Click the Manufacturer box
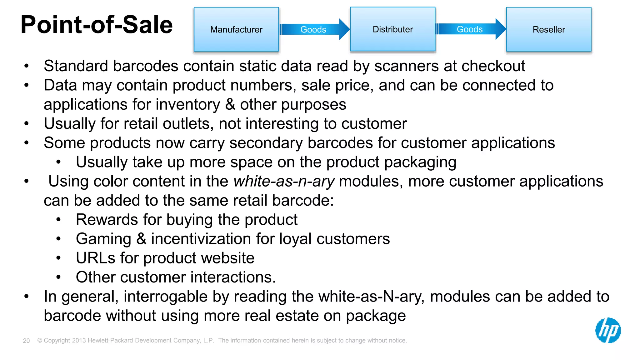pos(236,29)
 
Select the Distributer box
pos(392,29)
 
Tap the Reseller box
pos(549,29)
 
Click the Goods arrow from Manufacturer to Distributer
pos(314,29)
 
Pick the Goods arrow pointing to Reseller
pos(470,29)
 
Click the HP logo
pos(608,330)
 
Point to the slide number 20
pos(26,341)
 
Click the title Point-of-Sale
pos(97,25)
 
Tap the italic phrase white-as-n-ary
pos(284,181)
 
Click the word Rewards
pos(107,220)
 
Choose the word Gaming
pos(103,239)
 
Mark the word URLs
pos(95,258)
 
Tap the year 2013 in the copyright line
pos(79,340)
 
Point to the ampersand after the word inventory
pos(230,104)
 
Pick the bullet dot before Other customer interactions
pos(58,277)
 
